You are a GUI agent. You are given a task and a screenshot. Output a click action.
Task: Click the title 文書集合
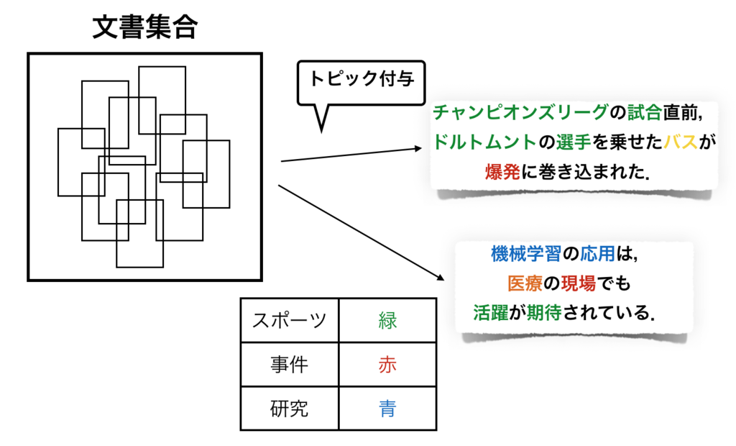[145, 27]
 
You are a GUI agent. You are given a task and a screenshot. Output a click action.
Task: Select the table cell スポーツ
[289, 320]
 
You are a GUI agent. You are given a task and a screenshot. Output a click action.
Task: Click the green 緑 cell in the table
[387, 320]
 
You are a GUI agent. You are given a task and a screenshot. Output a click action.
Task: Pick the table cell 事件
[289, 364]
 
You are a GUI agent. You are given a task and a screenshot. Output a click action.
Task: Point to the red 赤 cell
[387, 364]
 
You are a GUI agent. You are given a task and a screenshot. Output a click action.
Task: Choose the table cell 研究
[289, 408]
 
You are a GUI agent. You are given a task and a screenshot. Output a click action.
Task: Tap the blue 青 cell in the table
[387, 408]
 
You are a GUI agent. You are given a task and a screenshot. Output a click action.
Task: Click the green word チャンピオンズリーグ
[520, 112]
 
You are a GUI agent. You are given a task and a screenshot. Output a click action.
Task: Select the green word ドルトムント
[484, 142]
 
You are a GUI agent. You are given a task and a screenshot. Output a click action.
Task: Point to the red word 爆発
[502, 172]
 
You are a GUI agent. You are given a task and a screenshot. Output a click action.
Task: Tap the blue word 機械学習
[525, 254]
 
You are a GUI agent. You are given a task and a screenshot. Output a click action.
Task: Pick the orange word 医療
[525, 283]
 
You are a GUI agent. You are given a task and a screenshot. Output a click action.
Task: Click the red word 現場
[579, 283]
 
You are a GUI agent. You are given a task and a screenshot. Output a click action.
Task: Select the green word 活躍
[490, 312]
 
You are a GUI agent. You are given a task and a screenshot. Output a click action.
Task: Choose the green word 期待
[544, 312]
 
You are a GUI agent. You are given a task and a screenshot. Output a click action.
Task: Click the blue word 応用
[597, 254]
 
